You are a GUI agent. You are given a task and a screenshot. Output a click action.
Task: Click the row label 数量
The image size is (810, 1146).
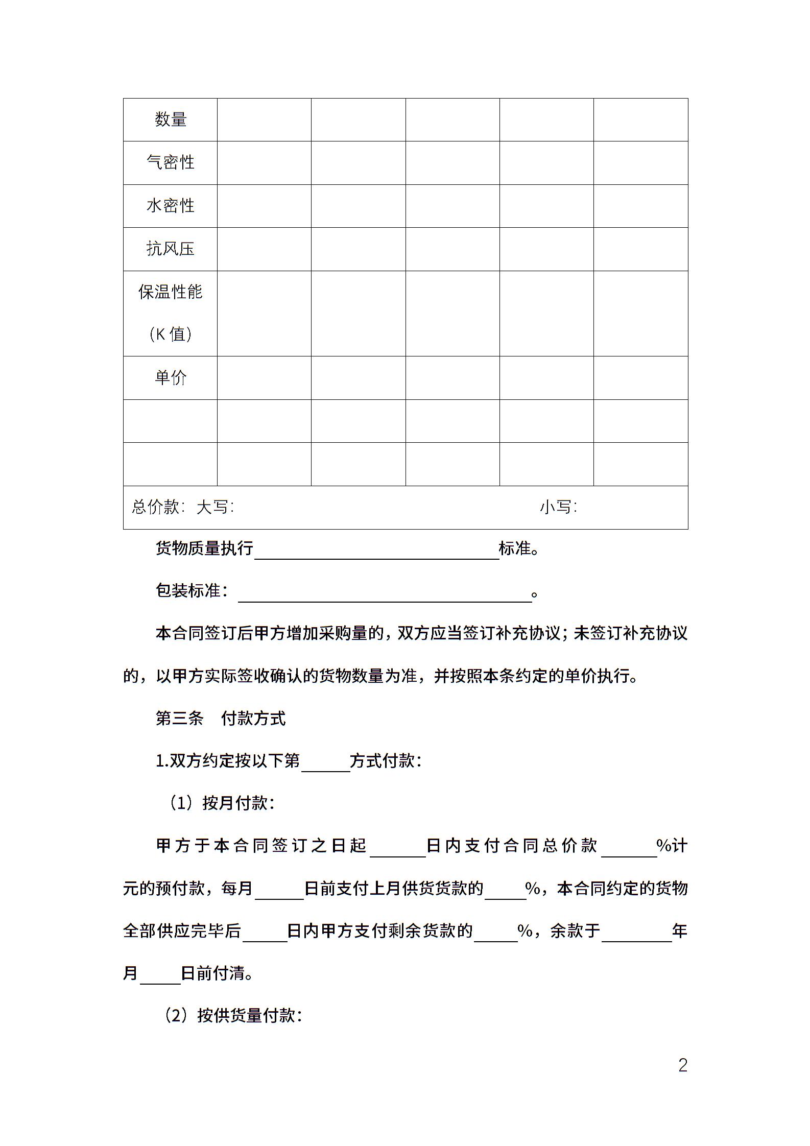[x=171, y=120]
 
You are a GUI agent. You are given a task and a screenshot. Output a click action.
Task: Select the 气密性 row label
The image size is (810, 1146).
[x=171, y=162]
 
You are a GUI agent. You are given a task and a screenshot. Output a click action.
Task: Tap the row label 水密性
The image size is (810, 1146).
[x=171, y=206]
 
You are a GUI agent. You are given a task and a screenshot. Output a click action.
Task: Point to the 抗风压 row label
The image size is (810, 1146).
[x=171, y=249]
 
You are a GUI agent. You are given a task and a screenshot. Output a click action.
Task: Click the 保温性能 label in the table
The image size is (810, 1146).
[x=171, y=292]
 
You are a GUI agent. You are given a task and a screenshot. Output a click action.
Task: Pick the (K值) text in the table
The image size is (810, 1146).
[x=171, y=334]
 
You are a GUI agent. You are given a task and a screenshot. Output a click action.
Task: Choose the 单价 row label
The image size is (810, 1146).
[x=171, y=377]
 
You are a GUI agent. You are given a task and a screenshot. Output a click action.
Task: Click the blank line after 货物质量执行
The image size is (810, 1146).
[x=376, y=552]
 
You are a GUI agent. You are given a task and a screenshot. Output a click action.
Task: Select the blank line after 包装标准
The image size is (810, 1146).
[x=385, y=594]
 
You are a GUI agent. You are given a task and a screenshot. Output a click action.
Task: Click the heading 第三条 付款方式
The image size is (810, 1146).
[x=221, y=719]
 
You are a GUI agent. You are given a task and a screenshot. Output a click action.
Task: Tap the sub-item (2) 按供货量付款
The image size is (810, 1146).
[x=233, y=1015]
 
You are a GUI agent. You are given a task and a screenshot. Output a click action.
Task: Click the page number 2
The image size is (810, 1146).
[x=683, y=1065]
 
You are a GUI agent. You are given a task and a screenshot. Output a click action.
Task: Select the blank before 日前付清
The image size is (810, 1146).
[x=160, y=975]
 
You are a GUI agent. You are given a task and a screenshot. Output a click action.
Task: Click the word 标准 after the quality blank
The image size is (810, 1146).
[x=515, y=548]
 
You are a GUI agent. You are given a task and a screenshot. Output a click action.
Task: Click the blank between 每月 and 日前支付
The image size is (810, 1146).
[x=279, y=891]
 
